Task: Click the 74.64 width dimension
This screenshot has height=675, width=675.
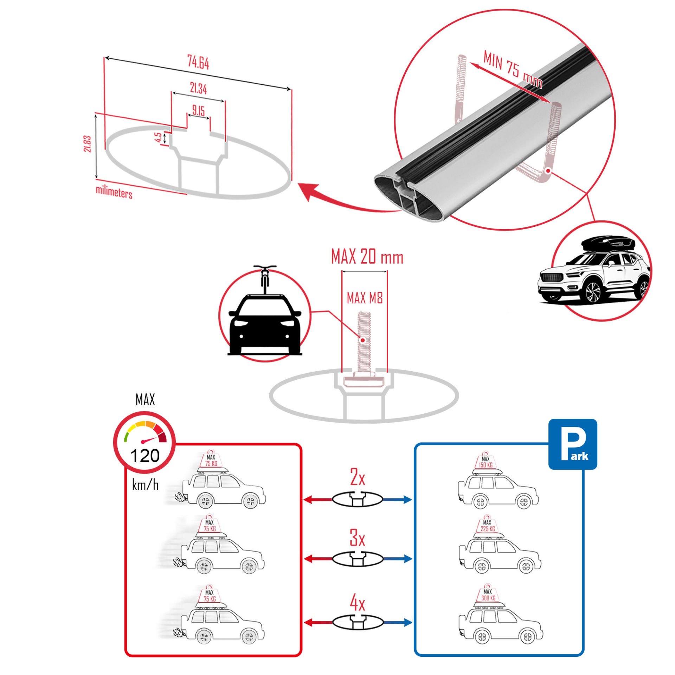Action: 198,63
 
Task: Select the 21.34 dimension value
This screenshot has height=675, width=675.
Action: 198,89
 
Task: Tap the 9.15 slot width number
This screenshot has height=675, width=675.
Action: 198,111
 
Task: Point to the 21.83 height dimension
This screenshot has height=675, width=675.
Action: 88,144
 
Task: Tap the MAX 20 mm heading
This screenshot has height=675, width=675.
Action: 367,257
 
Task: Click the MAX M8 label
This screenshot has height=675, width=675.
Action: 364,298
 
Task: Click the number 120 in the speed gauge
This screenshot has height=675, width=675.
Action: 144,456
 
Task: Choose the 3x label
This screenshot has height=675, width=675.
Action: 357,538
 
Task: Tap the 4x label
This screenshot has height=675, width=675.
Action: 357,604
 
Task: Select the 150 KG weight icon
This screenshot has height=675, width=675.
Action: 486,462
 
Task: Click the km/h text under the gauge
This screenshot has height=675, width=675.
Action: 145,486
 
